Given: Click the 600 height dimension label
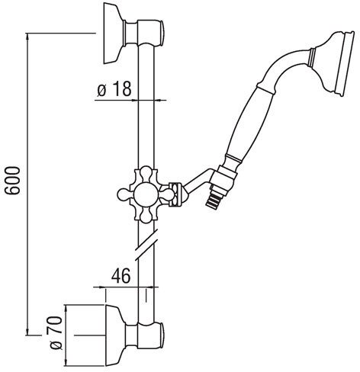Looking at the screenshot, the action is pos(13,181).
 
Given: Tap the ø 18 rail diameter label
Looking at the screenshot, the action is pos(114,88).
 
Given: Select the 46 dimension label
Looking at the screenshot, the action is pos(121,275).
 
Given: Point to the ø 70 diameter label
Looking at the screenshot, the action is pos(56,332).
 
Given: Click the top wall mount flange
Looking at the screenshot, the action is pos(114,33).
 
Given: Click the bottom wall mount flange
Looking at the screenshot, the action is pos(115,335).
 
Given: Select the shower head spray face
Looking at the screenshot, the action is pos(347,63).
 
